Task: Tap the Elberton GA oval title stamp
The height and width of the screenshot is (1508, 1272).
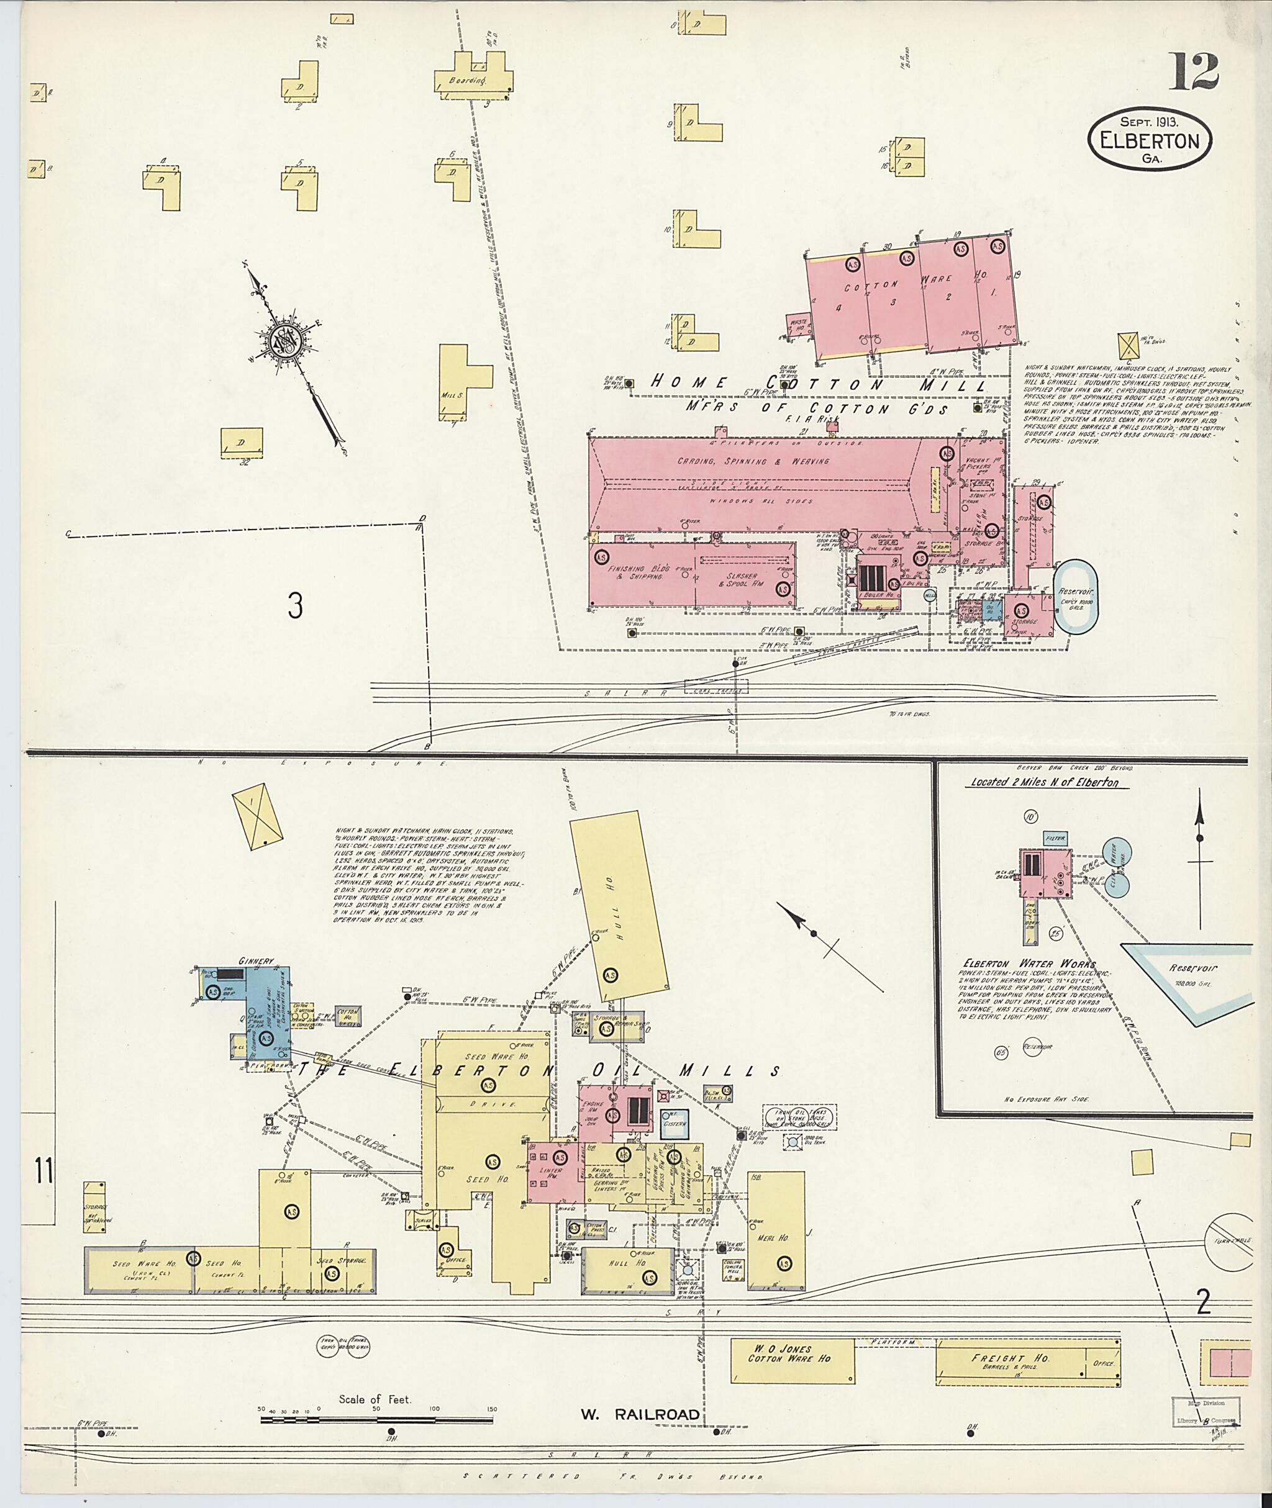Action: [x=1150, y=142]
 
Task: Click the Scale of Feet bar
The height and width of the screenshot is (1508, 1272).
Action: [x=377, y=1419]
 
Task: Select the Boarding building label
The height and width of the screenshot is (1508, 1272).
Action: [x=467, y=81]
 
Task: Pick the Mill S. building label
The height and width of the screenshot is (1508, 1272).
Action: [x=453, y=395]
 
